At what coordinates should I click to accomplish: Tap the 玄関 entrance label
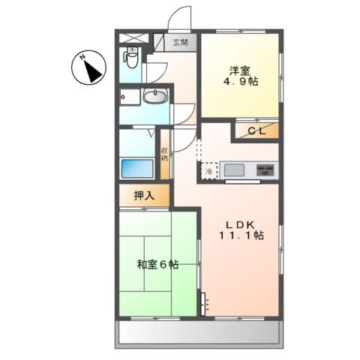click(181, 42)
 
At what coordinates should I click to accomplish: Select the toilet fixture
click(132, 58)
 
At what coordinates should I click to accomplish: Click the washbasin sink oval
click(155, 97)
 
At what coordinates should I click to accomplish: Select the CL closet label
click(256, 131)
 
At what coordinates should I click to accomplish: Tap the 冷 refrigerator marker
click(208, 171)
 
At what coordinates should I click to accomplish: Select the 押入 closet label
click(144, 196)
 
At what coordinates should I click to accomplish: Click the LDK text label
click(241, 221)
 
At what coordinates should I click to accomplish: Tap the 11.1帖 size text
click(241, 235)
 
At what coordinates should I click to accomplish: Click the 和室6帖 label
click(157, 264)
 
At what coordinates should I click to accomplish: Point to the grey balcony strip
click(199, 332)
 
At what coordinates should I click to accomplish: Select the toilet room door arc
click(155, 72)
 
